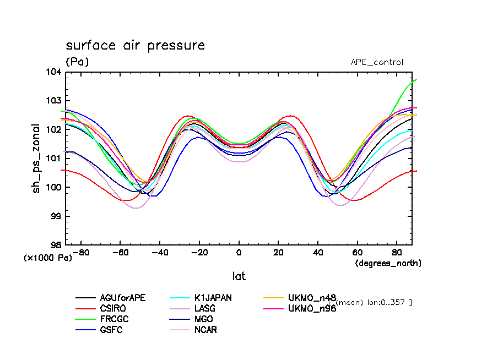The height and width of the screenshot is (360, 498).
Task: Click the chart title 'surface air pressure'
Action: [x=135, y=46]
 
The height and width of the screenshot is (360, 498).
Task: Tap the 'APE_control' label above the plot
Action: [x=377, y=62]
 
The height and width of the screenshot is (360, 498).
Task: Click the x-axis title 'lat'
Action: [x=239, y=276]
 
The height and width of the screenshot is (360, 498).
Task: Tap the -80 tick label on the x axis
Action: [x=82, y=253]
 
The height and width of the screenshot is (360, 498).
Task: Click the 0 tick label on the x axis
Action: [x=239, y=253]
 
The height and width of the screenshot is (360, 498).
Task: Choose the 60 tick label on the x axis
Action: [x=357, y=253]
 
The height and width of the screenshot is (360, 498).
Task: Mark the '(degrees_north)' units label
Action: [x=388, y=263]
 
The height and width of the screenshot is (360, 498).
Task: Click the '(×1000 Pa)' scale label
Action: [x=48, y=257]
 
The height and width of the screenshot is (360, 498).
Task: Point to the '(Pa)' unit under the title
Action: [x=77, y=62]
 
